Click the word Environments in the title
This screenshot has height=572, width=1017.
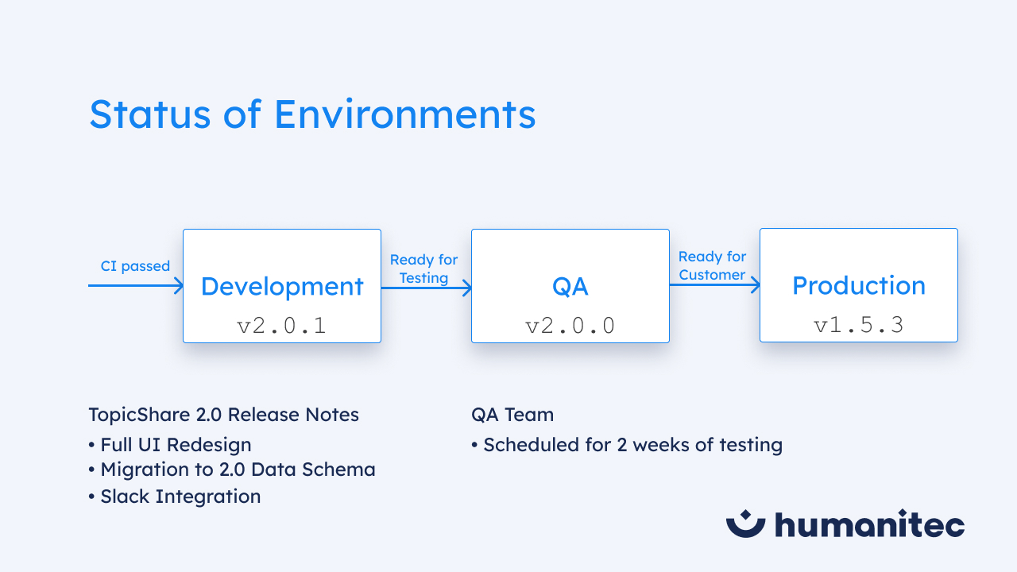[x=405, y=114]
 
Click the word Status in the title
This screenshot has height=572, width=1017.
[x=150, y=114]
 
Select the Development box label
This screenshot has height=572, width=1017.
[x=282, y=287]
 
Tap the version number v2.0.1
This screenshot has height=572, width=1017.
[x=281, y=326]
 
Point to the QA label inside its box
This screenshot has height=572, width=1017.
[x=570, y=287]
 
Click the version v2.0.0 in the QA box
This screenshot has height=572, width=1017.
[x=570, y=326]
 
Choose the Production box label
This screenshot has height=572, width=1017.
[x=859, y=285]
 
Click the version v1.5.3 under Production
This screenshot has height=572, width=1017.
[x=859, y=325]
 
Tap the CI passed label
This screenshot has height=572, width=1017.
[x=135, y=266]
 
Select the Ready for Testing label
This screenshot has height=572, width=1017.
[x=423, y=269]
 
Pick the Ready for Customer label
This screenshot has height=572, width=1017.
[x=712, y=265]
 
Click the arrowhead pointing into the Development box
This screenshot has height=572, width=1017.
[x=179, y=285]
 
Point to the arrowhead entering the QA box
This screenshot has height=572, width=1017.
[x=466, y=288]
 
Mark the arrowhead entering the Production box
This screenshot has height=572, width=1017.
[x=755, y=284]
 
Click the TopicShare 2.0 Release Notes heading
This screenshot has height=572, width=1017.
[x=223, y=415]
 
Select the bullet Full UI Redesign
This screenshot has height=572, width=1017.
[x=170, y=445]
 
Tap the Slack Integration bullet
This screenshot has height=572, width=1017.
[x=175, y=497]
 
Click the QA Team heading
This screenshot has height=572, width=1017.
[x=512, y=415]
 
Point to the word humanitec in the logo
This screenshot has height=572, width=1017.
[x=869, y=524]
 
